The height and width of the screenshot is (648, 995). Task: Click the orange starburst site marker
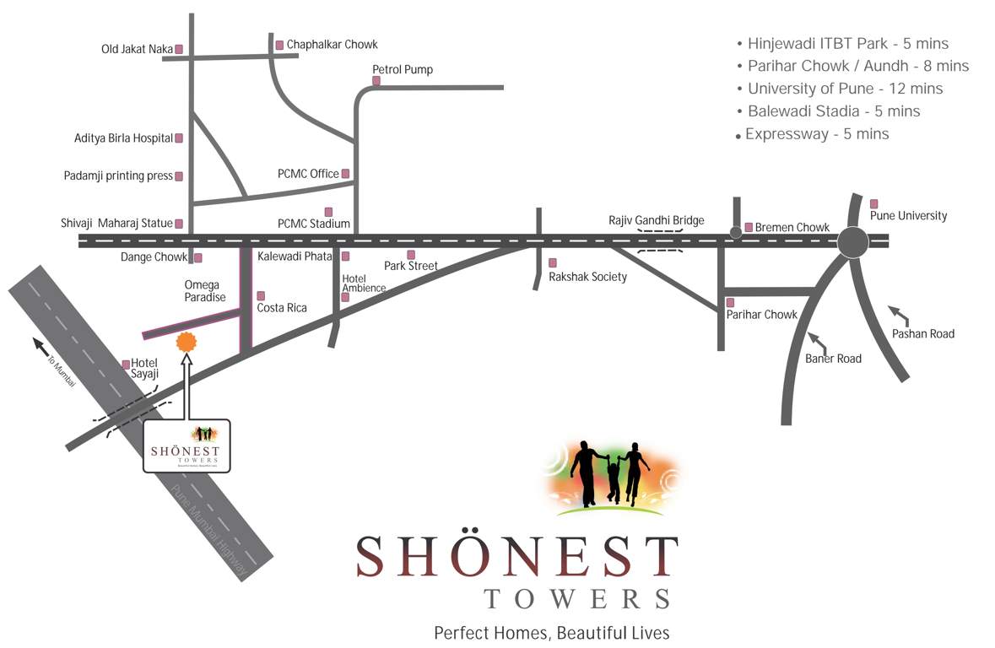click(x=186, y=342)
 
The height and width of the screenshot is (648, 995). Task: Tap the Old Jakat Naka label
click(x=137, y=49)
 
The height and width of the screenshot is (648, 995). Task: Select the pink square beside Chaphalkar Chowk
click(x=279, y=45)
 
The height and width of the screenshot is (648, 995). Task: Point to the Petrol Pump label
click(x=403, y=69)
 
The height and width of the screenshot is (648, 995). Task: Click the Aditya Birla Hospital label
click(x=123, y=138)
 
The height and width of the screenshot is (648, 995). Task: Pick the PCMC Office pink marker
click(x=345, y=174)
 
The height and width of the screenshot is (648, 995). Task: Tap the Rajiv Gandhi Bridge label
click(x=656, y=220)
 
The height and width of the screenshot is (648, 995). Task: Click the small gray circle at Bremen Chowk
click(x=736, y=231)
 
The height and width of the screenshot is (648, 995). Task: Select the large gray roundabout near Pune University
click(x=852, y=242)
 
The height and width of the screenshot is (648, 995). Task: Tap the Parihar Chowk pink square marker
click(x=730, y=302)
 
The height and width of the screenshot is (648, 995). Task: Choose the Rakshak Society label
click(x=587, y=276)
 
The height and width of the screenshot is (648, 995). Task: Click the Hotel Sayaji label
click(x=144, y=369)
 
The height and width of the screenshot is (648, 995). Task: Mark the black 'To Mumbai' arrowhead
click(x=39, y=343)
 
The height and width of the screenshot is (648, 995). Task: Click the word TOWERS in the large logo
click(x=577, y=597)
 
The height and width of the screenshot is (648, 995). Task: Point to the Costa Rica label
click(x=282, y=308)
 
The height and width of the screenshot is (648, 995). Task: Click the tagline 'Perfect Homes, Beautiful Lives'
click(x=551, y=632)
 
